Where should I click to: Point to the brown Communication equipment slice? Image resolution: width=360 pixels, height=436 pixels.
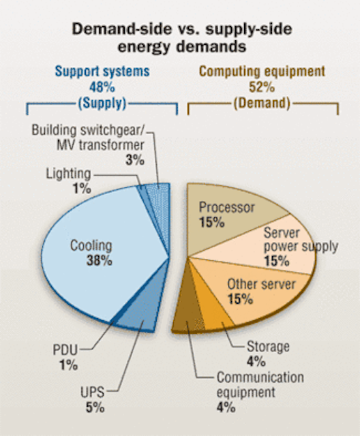(187, 314)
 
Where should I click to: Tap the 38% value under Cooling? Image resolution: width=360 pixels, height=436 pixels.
(99, 261)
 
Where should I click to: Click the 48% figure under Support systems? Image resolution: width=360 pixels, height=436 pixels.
(102, 87)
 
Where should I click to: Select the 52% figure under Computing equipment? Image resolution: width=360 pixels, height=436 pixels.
(262, 87)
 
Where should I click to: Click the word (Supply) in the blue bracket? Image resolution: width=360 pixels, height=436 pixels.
(102, 104)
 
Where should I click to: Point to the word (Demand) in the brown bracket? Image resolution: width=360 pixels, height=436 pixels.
(262, 104)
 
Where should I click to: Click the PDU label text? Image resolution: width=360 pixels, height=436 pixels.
(65, 349)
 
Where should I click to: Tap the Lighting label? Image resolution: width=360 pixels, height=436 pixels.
(68, 174)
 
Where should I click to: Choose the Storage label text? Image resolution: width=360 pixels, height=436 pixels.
(268, 347)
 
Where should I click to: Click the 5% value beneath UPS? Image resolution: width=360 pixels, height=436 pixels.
(95, 407)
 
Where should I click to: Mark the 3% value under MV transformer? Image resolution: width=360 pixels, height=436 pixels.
(135, 160)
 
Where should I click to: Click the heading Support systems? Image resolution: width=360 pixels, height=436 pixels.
(102, 72)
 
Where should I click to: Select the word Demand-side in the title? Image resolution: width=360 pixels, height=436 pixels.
(122, 29)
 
